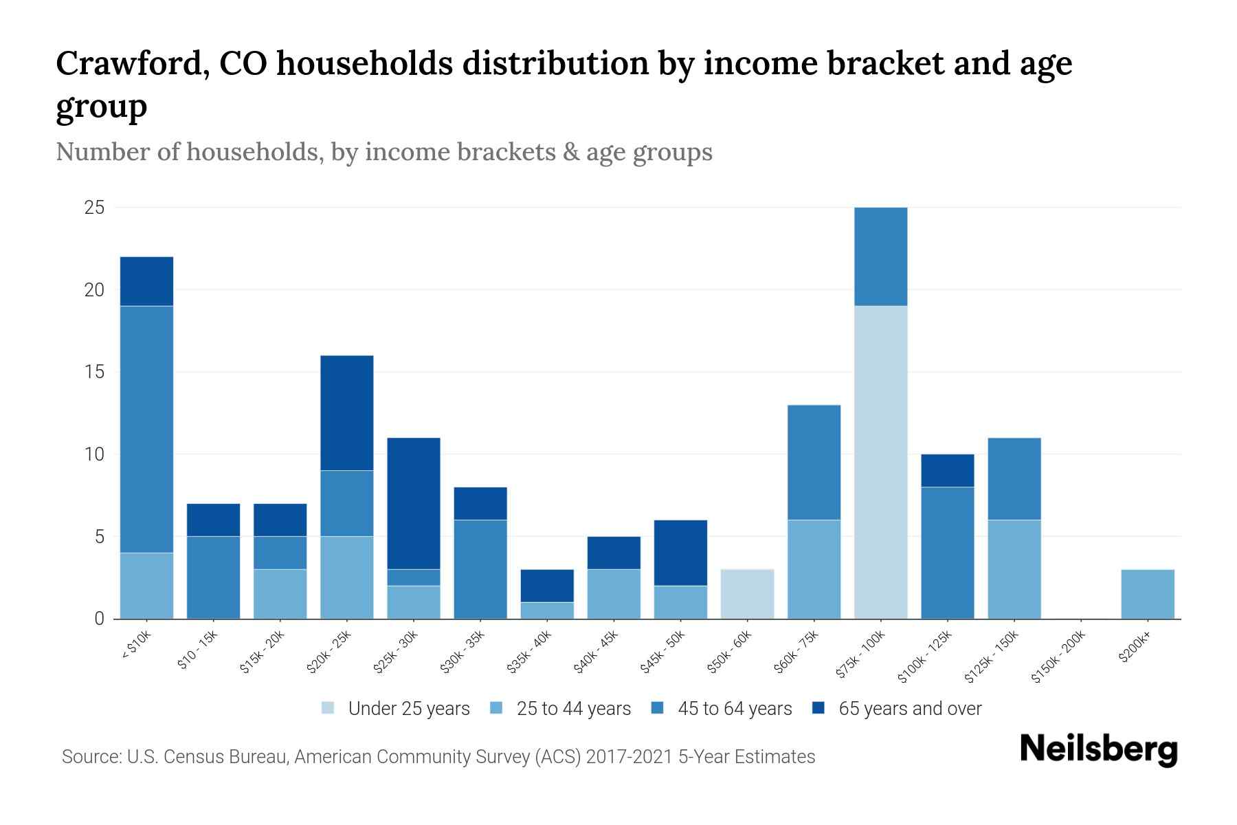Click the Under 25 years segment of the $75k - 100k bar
(880, 462)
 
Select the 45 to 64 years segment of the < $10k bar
(146, 429)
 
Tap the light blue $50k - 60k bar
(747, 594)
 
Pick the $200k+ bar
(1147, 594)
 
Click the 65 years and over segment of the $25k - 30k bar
(414, 503)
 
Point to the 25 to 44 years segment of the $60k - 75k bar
(814, 569)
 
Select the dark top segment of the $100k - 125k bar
(947, 470)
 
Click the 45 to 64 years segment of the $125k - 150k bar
(1014, 478)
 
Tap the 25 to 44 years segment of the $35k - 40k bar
(547, 610)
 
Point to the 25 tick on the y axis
(94, 207)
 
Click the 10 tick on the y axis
(94, 454)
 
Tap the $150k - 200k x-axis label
(1059, 657)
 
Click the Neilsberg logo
(1098, 749)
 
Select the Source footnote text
(438, 757)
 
